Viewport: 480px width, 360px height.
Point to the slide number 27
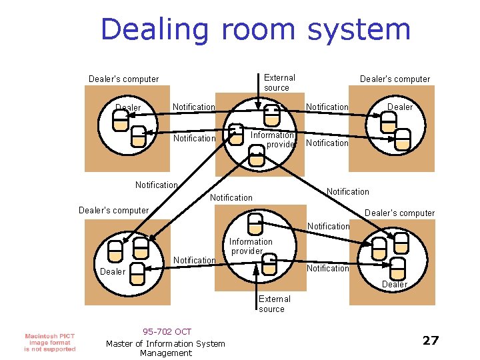[431, 341]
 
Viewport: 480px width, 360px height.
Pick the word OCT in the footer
[183, 332]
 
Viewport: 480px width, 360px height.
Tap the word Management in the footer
[166, 353]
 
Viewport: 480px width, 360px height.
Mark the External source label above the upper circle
[279, 83]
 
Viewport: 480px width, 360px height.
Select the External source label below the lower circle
[274, 304]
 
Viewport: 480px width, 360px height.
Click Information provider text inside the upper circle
[272, 139]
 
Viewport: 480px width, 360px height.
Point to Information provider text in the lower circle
[251, 246]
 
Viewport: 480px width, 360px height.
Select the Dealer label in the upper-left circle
[128, 107]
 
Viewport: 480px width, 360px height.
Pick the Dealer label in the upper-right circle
[400, 107]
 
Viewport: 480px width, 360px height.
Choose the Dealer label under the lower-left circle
[112, 271]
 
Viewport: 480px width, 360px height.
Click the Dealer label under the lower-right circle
[394, 284]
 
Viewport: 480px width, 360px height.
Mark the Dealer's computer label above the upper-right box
[395, 79]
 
